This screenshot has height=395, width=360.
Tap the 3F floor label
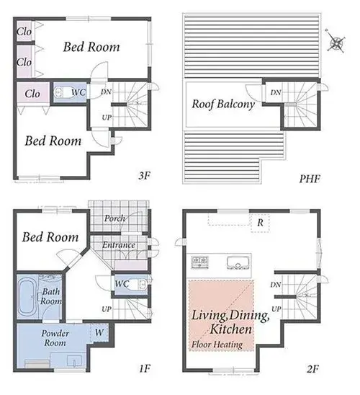coord(145,176)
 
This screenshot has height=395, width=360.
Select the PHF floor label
coord(310,179)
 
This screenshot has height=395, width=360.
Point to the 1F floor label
coord(145,368)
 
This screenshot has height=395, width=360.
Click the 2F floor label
coord(312,369)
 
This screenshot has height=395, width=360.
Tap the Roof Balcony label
coord(223,104)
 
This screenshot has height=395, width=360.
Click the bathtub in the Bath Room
coord(27,297)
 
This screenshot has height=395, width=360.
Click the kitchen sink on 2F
coord(238,263)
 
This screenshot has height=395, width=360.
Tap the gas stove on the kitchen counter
coord(199,262)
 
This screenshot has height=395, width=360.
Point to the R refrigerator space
coord(261,223)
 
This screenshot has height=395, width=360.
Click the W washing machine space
coord(99,332)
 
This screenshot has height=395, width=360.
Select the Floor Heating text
coord(217,345)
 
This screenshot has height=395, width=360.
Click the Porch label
coord(114,218)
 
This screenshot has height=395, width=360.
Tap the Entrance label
coord(119,245)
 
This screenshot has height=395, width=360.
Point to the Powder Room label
coord(55,338)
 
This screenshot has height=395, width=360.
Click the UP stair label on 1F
coord(107,309)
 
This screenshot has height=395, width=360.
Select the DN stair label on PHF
coord(276,92)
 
